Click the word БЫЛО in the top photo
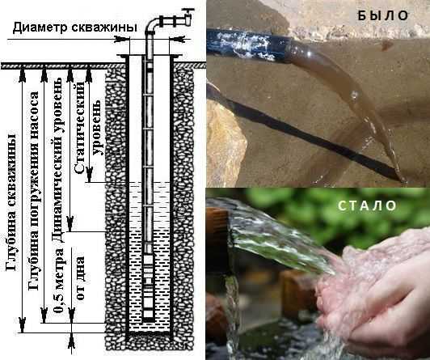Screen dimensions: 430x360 pyautogui.click(x=383, y=15)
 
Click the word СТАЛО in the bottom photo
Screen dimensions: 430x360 pyautogui.click(x=367, y=205)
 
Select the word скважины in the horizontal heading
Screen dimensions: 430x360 pyautogui.click(x=103, y=28)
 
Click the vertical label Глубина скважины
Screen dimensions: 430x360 pyautogui.click(x=11, y=202)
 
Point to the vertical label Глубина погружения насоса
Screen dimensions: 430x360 pyautogui.click(x=34, y=191)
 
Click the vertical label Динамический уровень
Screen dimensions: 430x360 pyautogui.click(x=59, y=160)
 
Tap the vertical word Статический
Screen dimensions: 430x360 pyautogui.click(x=79, y=128)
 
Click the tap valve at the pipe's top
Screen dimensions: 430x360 pyautogui.click(x=188, y=17)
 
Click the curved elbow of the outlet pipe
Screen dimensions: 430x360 pyautogui.click(x=151, y=26)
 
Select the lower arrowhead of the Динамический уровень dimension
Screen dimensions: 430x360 pyautogui.click(x=70, y=224)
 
